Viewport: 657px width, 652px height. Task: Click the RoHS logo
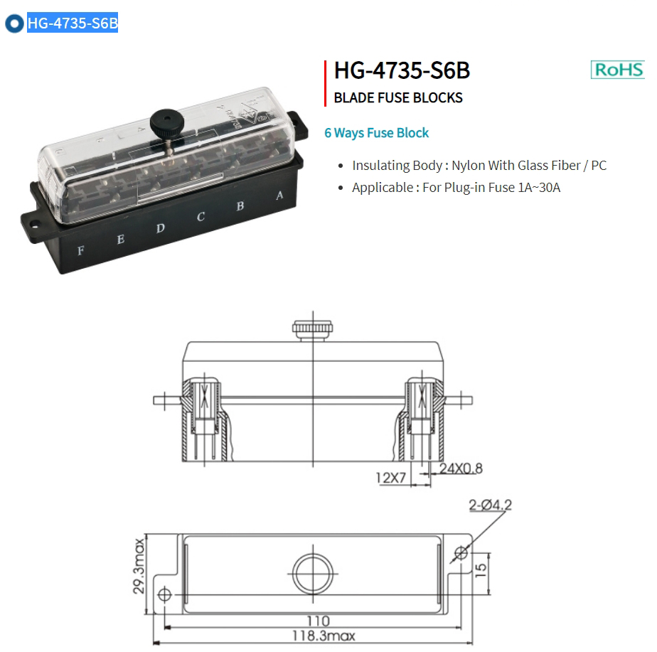(x=618, y=70)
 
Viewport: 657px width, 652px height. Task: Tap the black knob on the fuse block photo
(x=167, y=122)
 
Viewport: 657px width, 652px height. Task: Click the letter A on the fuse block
(x=279, y=196)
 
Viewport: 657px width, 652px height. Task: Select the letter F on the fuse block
(x=81, y=250)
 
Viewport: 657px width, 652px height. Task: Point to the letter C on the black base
(x=201, y=217)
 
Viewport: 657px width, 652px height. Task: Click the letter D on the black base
(x=161, y=228)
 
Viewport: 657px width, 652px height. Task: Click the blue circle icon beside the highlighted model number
(x=14, y=23)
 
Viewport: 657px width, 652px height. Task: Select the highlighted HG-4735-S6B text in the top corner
(x=73, y=23)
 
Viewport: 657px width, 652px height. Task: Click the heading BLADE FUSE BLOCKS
(x=398, y=97)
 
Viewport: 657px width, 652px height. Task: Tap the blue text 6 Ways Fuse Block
(x=376, y=133)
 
